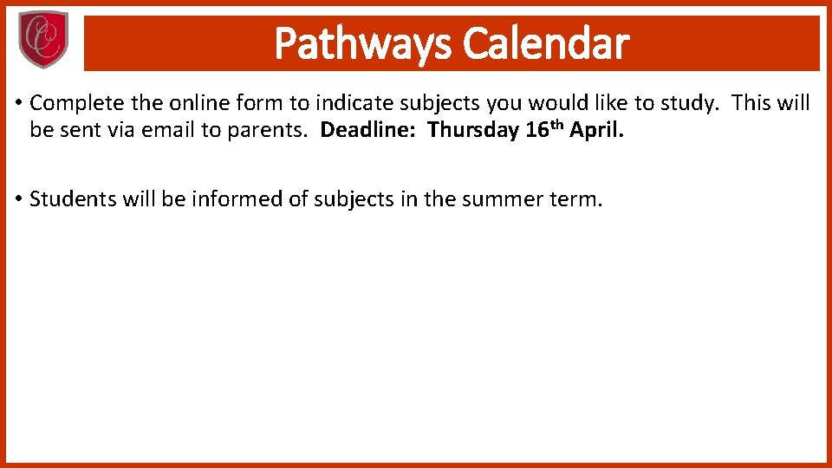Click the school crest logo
tap(42, 40)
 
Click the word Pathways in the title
tap(363, 43)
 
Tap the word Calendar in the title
tap(546, 43)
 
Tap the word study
tap(691, 104)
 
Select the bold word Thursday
tap(473, 131)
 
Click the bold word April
tap(596, 131)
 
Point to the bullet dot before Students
tap(18, 199)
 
